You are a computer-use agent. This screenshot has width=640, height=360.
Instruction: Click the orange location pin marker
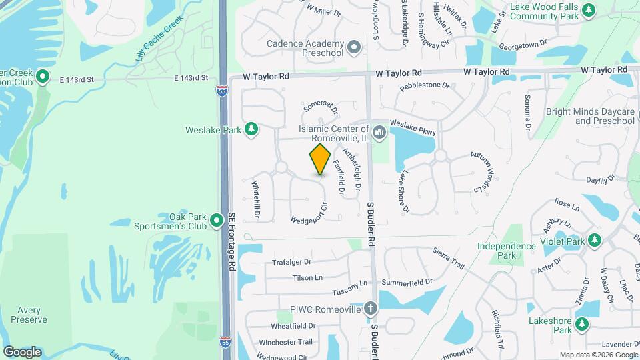(x=321, y=159)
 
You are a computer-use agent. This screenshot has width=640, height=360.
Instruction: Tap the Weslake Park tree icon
(x=251, y=129)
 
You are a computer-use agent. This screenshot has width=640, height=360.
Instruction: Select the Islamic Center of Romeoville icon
(x=379, y=131)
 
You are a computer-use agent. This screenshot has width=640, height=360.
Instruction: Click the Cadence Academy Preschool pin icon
(x=353, y=47)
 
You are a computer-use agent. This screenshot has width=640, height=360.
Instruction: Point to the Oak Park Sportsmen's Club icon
(x=217, y=220)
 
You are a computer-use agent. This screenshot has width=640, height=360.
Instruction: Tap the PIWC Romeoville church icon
(x=371, y=309)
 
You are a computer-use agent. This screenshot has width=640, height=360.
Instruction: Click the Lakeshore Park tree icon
(x=583, y=325)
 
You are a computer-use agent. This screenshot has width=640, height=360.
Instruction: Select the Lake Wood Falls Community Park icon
(x=588, y=10)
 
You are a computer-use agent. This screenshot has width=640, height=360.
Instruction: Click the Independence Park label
(x=507, y=251)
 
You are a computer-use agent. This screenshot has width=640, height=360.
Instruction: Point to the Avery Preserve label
(x=29, y=315)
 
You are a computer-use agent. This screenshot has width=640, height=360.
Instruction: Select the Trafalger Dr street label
(x=292, y=262)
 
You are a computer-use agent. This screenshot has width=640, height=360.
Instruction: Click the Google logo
(x=22, y=352)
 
